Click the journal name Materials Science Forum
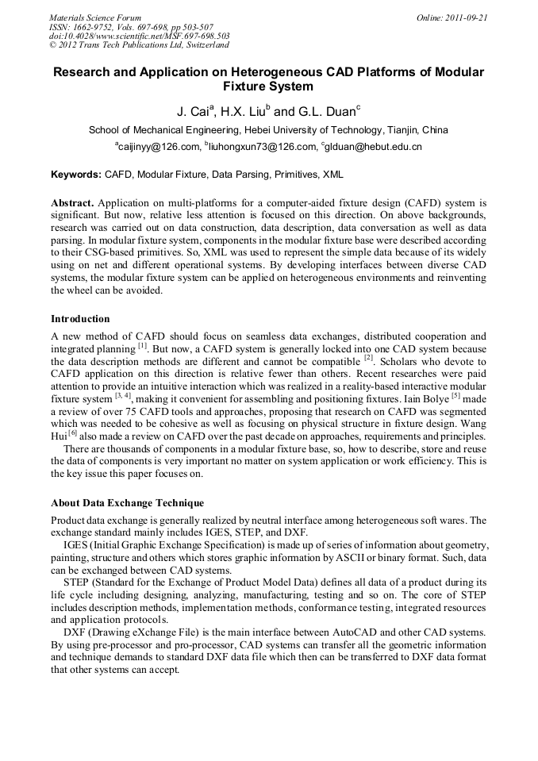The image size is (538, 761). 95,17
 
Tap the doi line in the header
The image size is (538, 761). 139,37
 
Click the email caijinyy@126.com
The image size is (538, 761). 159,147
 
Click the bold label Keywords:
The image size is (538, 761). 76,174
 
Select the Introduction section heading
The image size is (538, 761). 80,319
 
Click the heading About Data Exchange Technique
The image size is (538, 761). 127,503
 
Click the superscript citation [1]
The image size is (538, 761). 142,346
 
